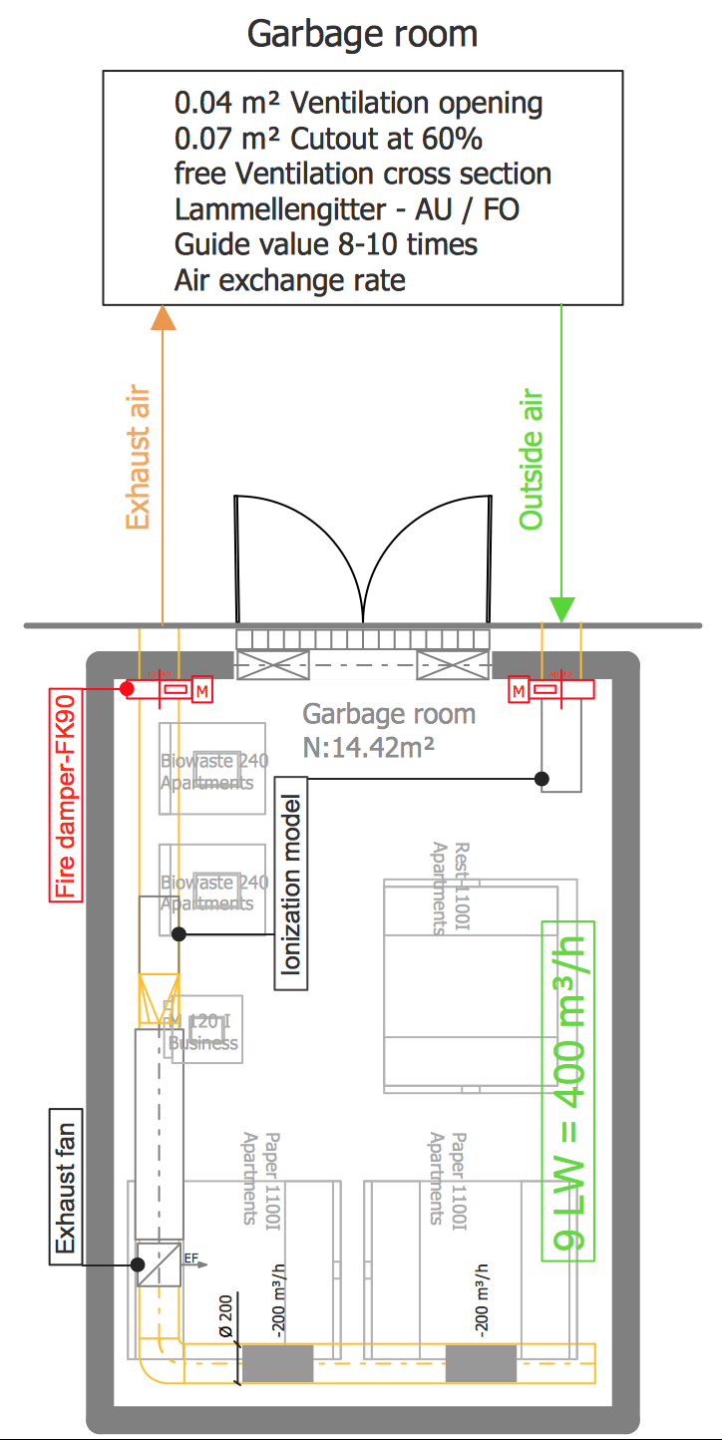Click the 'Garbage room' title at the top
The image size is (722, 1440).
362,34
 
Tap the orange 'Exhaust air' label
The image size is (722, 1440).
137,459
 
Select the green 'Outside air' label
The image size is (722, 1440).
533,459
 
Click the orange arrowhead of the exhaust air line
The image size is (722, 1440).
163,317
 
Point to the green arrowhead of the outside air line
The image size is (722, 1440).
562,608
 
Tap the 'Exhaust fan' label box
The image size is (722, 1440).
66,1186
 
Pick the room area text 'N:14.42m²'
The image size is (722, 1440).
368,745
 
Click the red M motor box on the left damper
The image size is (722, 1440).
202,689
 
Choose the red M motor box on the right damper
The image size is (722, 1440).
519,689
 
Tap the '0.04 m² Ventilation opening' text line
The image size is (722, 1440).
358,103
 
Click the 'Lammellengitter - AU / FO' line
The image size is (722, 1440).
346,209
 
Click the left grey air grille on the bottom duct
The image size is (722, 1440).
278,1363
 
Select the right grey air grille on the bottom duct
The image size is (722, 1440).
481,1363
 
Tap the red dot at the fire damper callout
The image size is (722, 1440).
128,689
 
